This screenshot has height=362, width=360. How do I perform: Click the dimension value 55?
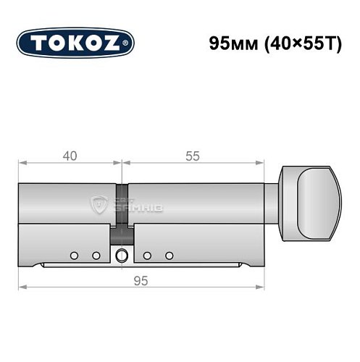191,156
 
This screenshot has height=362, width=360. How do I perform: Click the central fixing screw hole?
121,255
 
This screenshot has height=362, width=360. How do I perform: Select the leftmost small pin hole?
74,256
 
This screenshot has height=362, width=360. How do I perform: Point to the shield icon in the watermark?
98,205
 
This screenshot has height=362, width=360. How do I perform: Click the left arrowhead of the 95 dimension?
22,287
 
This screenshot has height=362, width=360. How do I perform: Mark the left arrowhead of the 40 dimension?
22,164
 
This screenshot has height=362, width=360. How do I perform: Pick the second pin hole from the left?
95,256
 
